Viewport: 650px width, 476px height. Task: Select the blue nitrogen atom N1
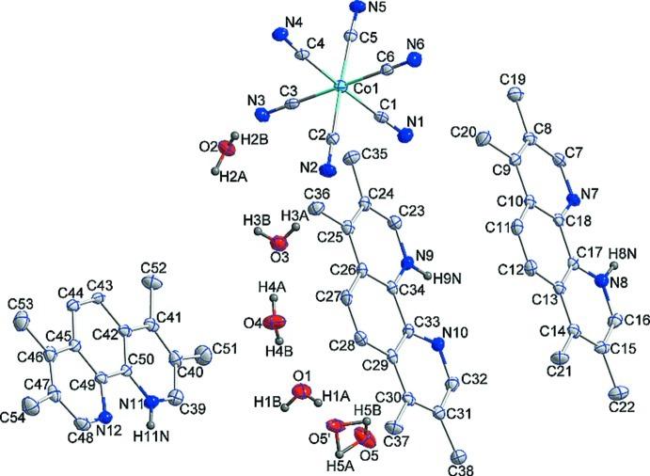tap(406, 135)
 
